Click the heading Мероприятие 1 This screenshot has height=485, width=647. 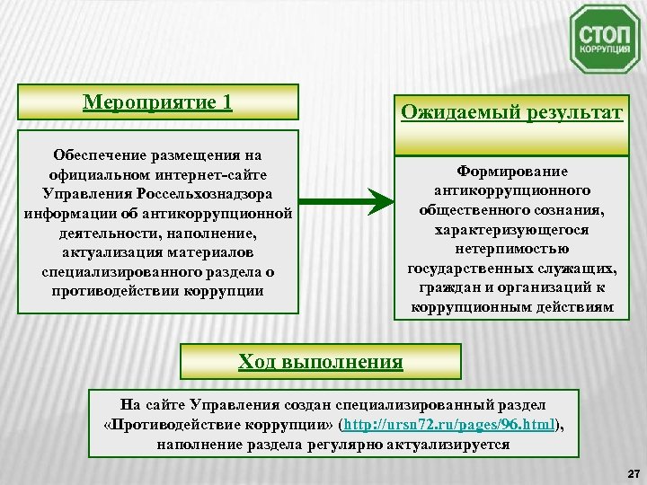click(x=157, y=101)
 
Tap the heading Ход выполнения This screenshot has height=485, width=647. click(x=320, y=361)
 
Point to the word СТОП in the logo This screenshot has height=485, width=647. click(x=605, y=34)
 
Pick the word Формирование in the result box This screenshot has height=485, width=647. click(x=511, y=170)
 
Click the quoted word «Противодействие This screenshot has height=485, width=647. click(x=173, y=425)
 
